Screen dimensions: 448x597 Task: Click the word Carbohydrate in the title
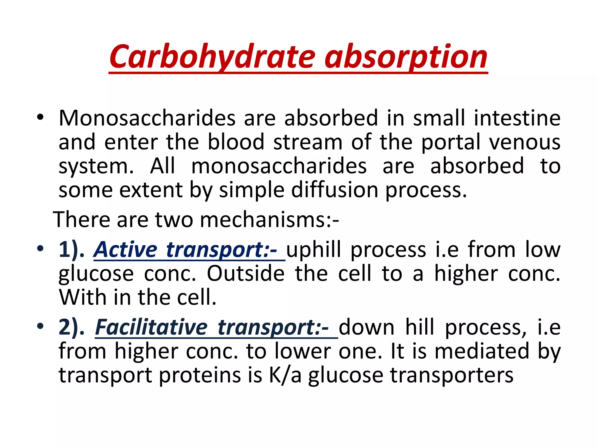coord(212,57)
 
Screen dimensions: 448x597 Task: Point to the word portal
coord(451,143)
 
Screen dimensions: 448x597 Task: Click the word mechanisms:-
coord(270,220)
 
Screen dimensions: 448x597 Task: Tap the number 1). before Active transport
coord(71,250)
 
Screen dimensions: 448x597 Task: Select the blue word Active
coord(126,250)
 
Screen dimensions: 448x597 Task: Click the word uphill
coord(313,250)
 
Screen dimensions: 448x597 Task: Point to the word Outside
coord(246,274)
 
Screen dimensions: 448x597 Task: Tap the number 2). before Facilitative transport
coord(71,327)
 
